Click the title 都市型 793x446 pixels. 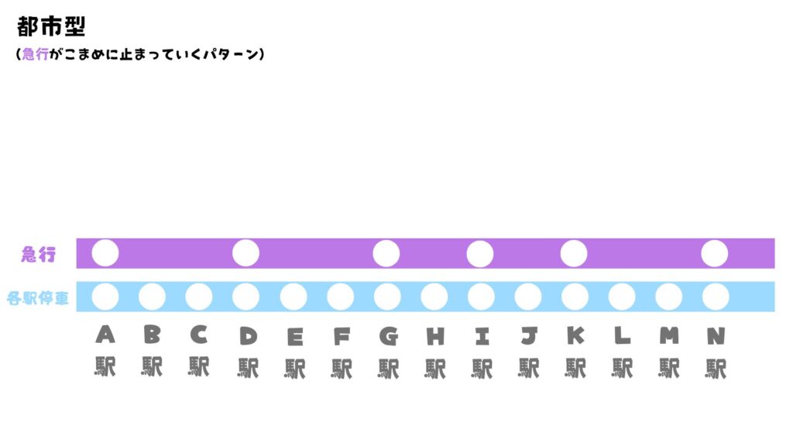[51, 26]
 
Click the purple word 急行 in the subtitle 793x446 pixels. [36, 55]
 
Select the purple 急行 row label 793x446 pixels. [39, 254]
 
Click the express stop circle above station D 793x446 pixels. [245, 253]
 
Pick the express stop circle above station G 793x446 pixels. [386, 253]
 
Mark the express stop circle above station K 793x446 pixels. [574, 253]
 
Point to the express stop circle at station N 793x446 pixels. [715, 253]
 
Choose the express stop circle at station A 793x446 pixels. [105, 253]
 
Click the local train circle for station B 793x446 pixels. [152, 297]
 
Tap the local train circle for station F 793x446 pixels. [340, 297]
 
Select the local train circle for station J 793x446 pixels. [528, 297]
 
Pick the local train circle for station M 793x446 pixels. [668, 297]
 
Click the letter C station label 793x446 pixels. [199, 334]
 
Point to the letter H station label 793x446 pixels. [434, 336]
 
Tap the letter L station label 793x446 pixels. [623, 335]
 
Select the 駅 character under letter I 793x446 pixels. [482, 367]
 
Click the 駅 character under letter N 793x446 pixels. [716, 367]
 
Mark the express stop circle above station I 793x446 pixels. [480, 253]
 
